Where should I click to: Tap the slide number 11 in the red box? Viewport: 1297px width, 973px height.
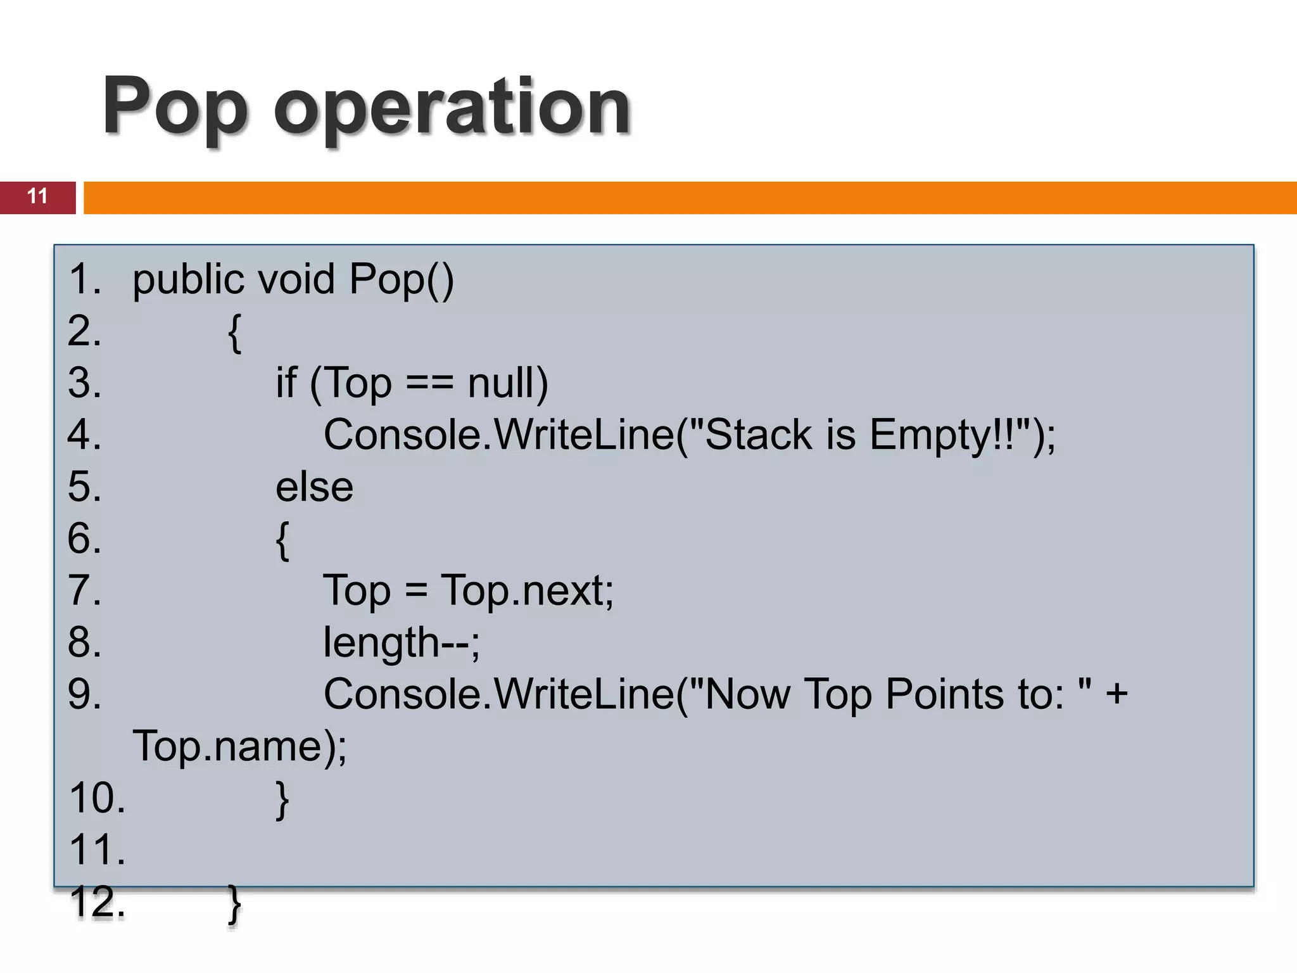tap(37, 196)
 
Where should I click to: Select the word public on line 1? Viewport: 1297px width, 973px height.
tap(188, 279)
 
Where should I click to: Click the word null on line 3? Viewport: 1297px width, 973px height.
tap(507, 383)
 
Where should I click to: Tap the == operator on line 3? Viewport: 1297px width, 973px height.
tap(429, 383)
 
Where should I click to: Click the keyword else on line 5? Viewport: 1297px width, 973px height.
tap(314, 487)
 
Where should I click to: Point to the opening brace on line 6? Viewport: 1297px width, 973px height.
tap(282, 540)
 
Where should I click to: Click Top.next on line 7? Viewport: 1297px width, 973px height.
tap(526, 591)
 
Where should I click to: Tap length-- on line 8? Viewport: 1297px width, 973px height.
tap(402, 643)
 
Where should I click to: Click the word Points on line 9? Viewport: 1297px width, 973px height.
tap(944, 695)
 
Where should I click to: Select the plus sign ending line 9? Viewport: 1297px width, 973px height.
tap(1117, 694)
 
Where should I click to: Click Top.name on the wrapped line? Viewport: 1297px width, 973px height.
tap(231, 747)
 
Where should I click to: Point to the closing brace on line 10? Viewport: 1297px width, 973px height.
tap(282, 800)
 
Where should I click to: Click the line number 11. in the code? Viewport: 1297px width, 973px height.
tap(97, 850)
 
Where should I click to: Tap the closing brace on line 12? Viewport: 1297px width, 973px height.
tap(234, 904)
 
